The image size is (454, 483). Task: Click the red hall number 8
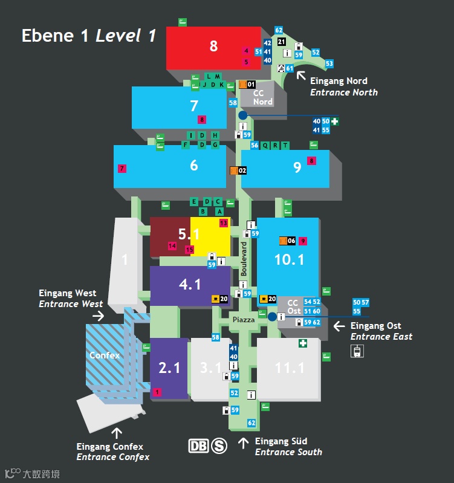pos(213,46)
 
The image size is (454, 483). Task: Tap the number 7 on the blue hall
pos(194,106)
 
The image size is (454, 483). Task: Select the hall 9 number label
pos(297,167)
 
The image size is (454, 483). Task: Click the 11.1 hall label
pos(290,368)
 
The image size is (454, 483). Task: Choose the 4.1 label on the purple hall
pos(190,284)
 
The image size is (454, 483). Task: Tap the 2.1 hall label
pos(169,368)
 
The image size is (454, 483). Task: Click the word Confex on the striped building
pos(105,355)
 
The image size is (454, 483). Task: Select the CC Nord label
pos(263,97)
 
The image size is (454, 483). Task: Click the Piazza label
pos(244,319)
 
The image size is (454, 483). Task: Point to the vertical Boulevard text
pos(244,259)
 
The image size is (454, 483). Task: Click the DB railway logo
pos(199,446)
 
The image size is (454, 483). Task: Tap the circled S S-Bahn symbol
pos(219,446)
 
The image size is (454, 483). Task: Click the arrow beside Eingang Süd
pos(243,443)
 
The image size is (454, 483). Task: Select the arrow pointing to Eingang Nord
pos(300,76)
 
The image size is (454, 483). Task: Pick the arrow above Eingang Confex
pos(117,433)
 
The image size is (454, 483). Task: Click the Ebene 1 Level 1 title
pos(89,36)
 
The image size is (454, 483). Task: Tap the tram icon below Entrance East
pos(357,351)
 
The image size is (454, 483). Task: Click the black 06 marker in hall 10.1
pos(291,241)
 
